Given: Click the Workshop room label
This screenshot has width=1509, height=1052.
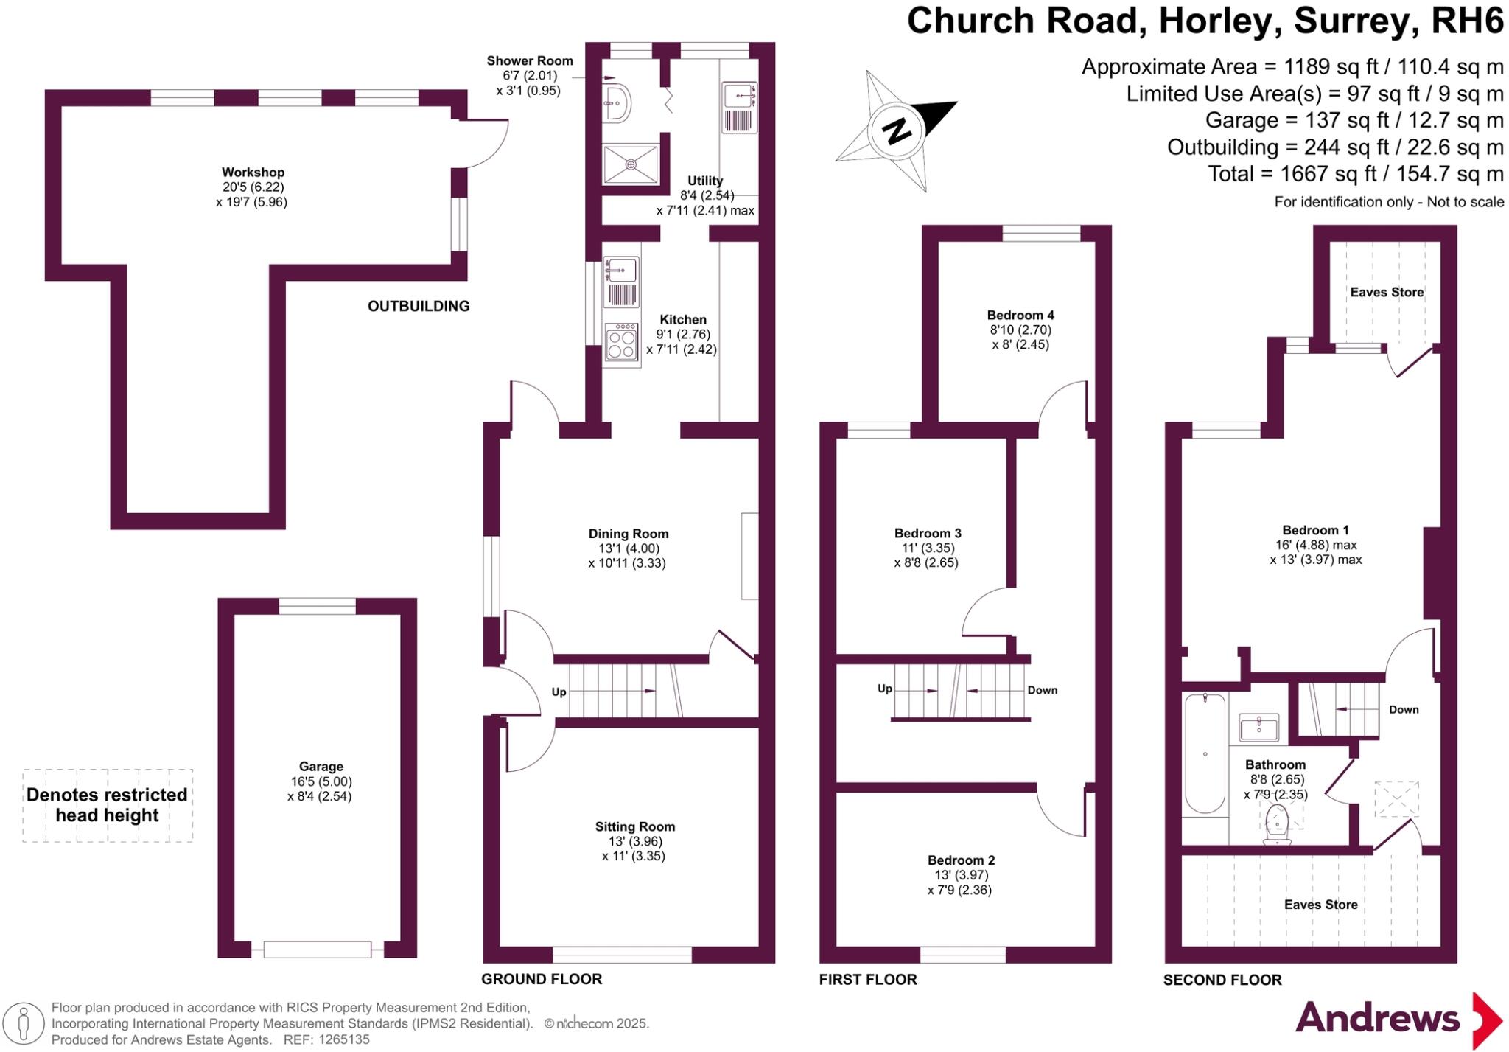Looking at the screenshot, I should click(253, 173).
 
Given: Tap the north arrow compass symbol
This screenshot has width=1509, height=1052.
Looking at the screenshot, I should click(897, 130).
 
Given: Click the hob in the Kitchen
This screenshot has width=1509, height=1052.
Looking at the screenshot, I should click(621, 342).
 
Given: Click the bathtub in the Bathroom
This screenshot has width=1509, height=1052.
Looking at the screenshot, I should click(1205, 753).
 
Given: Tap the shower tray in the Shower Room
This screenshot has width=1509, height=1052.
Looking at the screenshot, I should click(631, 164).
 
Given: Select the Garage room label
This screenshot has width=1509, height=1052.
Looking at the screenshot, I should click(321, 767).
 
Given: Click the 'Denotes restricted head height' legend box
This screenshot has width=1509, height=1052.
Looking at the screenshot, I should click(108, 805).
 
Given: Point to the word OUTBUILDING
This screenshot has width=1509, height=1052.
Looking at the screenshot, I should click(419, 306).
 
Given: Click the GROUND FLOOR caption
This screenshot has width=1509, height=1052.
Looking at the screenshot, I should click(542, 979).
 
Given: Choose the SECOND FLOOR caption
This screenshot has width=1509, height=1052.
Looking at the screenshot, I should click(1222, 980).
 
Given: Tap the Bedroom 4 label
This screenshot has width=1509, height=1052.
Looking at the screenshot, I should click(1020, 315).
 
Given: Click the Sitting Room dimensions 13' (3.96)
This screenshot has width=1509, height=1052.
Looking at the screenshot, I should click(634, 841).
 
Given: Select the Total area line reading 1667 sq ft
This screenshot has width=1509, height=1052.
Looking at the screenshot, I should click(1355, 174).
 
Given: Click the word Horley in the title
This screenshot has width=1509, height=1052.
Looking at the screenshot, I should click(1215, 21).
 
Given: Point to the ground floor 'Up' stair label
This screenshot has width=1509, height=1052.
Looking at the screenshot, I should click(559, 692).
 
